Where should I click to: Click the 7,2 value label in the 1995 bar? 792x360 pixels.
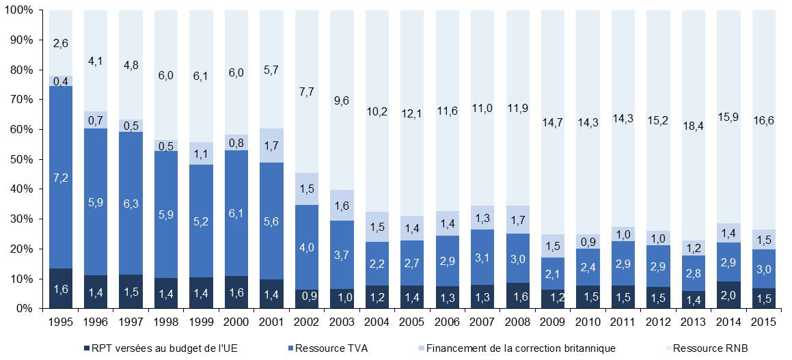tap(60, 178)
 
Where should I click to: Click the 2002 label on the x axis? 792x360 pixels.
tap(305, 321)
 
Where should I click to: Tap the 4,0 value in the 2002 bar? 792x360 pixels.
tap(305, 248)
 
